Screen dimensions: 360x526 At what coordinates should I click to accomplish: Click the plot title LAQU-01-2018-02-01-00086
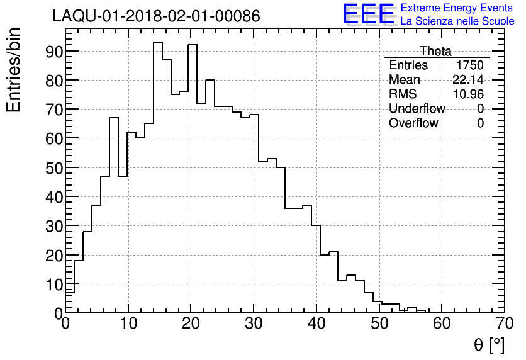click(x=156, y=16)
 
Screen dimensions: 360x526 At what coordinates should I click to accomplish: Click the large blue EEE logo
click(x=369, y=14)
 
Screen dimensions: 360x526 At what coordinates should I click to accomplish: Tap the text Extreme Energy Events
click(x=457, y=8)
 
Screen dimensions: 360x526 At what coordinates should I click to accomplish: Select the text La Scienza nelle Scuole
click(x=457, y=21)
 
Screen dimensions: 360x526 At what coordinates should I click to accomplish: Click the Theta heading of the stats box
click(x=435, y=51)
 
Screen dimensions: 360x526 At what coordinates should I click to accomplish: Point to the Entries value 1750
click(x=470, y=65)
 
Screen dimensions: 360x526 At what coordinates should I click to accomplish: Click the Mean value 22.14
click(x=468, y=80)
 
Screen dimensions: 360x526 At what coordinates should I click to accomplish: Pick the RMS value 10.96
click(x=468, y=94)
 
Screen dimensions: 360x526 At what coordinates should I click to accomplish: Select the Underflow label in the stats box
click(x=417, y=109)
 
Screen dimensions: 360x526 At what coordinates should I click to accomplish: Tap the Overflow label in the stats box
click(x=413, y=123)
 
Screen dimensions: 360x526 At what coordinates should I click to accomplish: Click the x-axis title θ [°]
click(x=489, y=345)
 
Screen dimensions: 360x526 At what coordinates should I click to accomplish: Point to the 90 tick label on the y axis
click(x=53, y=51)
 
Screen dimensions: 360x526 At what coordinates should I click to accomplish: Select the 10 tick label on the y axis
click(x=53, y=284)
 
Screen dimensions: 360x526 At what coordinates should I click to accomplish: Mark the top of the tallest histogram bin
click(x=158, y=42)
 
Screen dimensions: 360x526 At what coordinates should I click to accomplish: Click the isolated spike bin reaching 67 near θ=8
click(x=114, y=118)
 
